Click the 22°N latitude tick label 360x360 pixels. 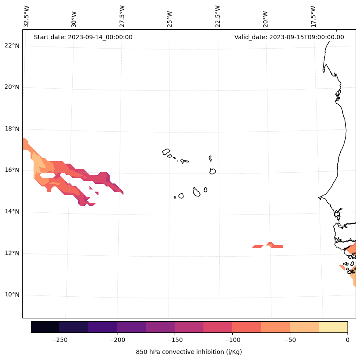(12, 46)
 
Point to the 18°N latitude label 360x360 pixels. (12, 129)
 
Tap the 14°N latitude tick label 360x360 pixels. (12, 211)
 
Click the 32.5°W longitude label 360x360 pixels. (27, 16)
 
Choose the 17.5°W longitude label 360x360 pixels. (313, 16)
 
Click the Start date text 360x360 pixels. (83, 37)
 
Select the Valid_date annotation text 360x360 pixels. (289, 37)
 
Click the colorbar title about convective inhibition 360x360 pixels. (189, 352)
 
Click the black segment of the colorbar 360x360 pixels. (45, 327)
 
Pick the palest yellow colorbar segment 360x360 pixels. (333, 327)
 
